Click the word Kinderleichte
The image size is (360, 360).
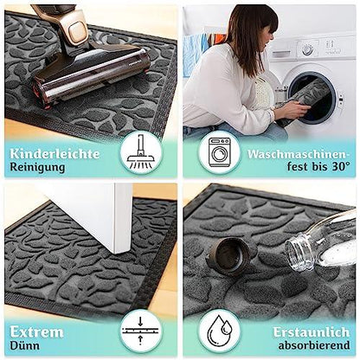click(x=55, y=153)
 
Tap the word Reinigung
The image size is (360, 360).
click(x=37, y=167)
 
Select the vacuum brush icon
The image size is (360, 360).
click(x=141, y=152)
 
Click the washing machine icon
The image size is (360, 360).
click(x=220, y=152)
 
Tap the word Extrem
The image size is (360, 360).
click(x=36, y=332)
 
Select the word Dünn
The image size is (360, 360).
click(x=24, y=345)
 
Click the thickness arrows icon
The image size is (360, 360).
click(x=140, y=331)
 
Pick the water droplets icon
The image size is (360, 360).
click(x=220, y=330)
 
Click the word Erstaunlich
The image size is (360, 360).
click(x=312, y=332)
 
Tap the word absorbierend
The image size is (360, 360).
click(x=314, y=345)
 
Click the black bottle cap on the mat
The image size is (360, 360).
click(x=230, y=255)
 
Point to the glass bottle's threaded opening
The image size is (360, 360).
click(x=299, y=253)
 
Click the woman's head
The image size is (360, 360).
click(x=259, y=28)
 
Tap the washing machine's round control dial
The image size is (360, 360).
click(x=307, y=49)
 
